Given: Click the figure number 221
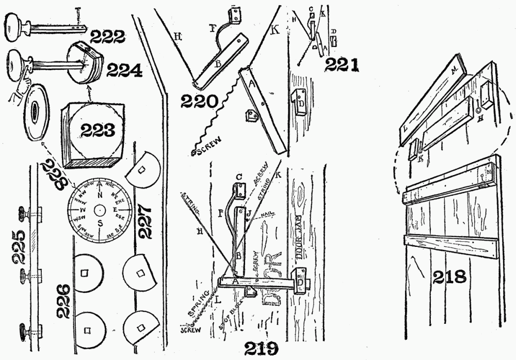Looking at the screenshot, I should (341, 65).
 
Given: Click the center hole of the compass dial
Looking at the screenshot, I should (99, 211).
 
